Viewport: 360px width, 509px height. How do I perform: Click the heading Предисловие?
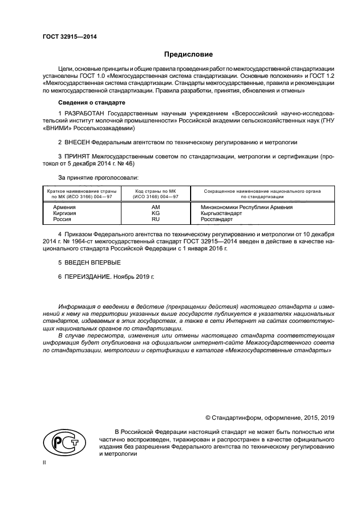point(189,54)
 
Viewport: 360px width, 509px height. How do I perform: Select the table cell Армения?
point(64,207)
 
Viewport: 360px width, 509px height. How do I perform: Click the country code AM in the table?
point(155,207)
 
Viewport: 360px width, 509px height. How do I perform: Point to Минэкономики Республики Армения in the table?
point(247,207)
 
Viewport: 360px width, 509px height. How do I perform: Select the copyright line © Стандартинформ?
point(269,418)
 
